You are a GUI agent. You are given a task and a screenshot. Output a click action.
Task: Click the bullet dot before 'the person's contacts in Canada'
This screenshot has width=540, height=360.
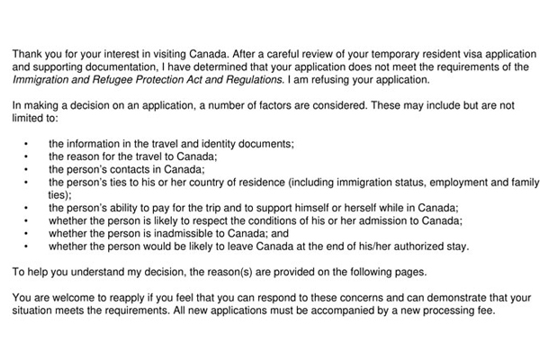(27, 168)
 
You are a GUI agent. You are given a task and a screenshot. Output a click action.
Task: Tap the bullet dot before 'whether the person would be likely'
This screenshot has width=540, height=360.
(27, 244)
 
